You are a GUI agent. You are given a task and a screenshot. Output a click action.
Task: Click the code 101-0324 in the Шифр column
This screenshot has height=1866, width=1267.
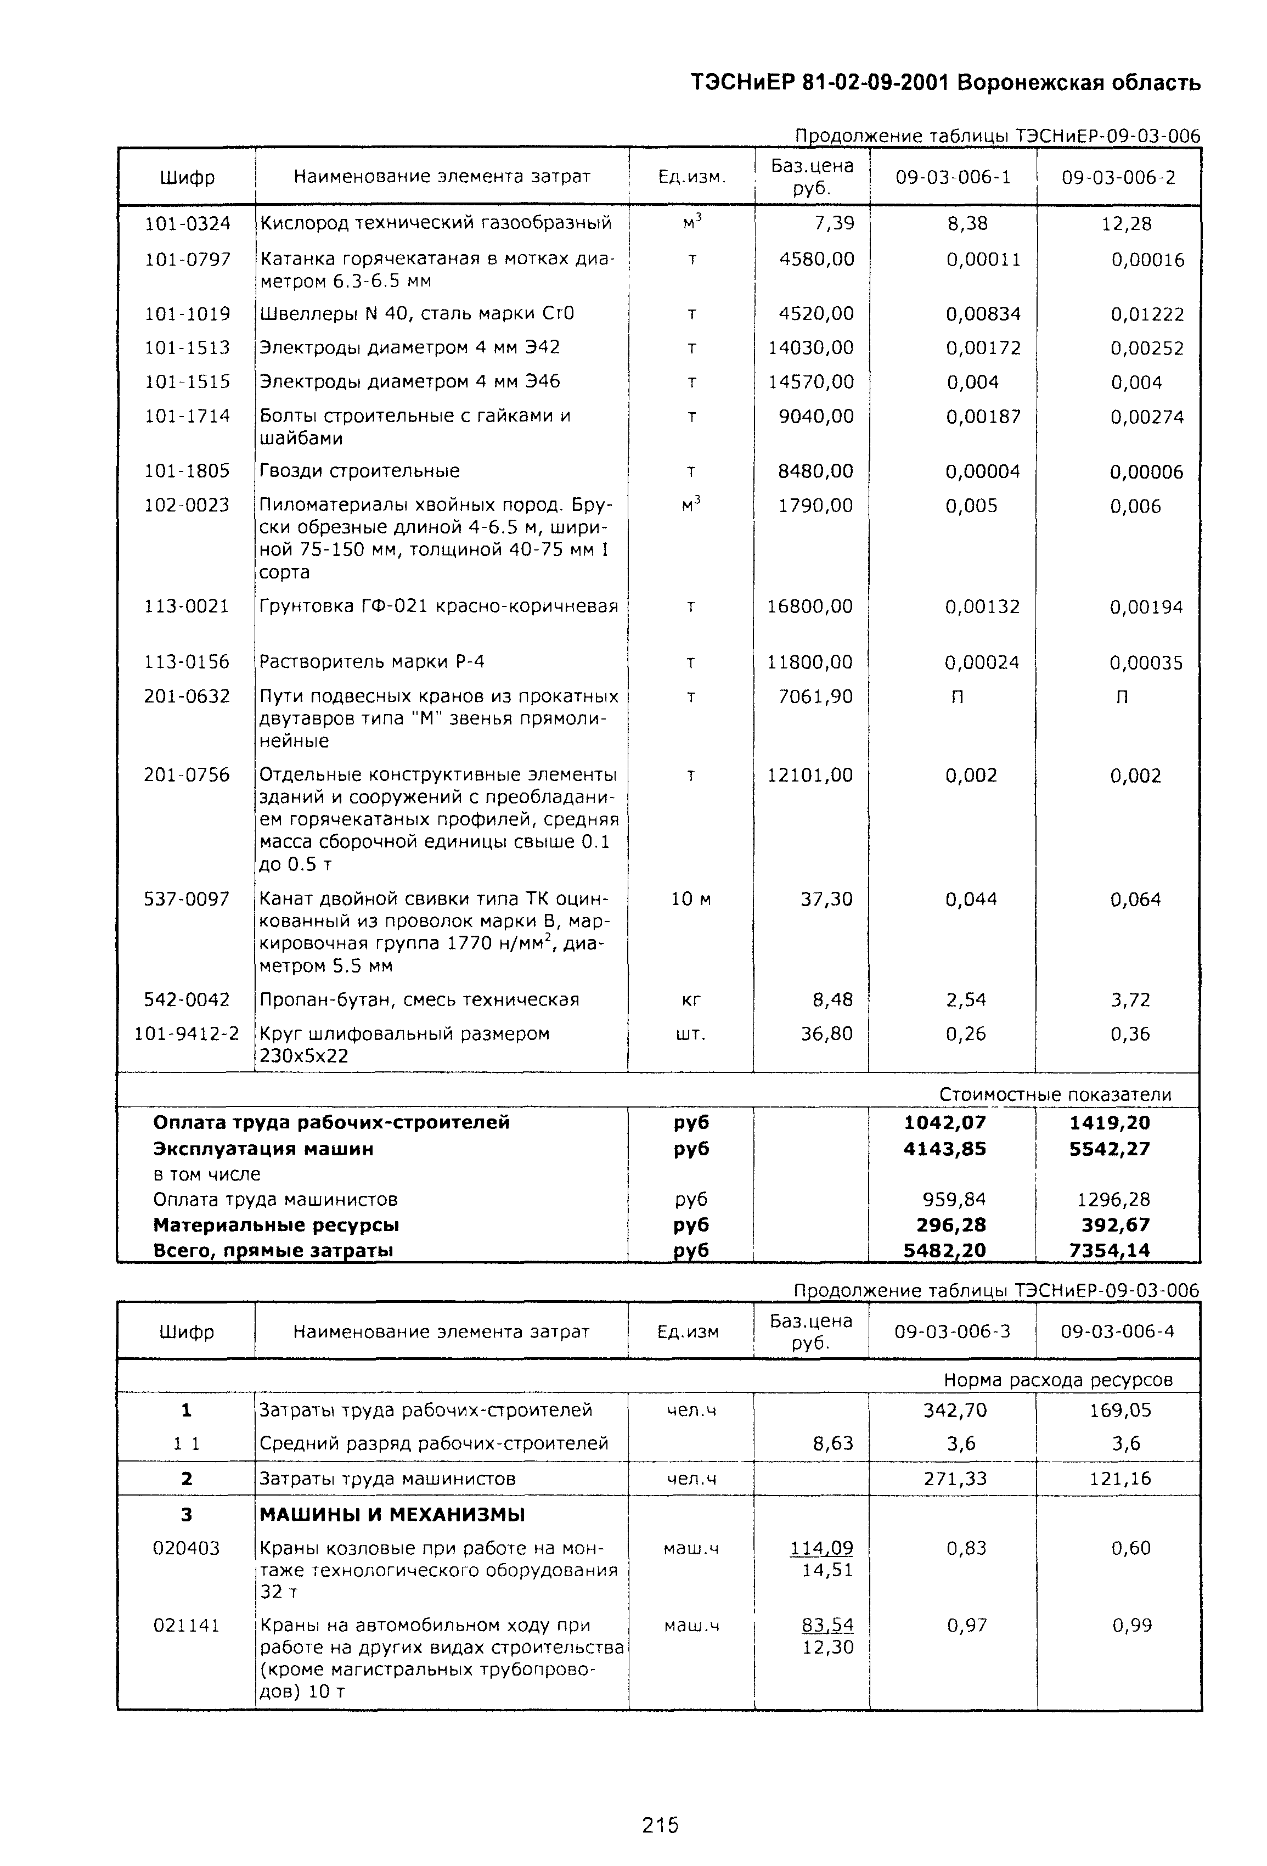(187, 223)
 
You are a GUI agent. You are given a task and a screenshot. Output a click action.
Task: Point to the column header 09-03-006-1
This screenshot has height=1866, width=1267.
(953, 177)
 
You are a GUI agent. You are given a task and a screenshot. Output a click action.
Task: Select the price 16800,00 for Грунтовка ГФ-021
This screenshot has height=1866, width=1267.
(810, 606)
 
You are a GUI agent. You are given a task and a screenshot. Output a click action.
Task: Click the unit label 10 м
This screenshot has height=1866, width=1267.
(690, 900)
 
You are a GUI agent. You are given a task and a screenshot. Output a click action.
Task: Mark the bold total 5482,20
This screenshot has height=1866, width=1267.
(945, 1250)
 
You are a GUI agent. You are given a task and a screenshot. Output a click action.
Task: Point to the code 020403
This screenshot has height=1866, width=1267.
(186, 1548)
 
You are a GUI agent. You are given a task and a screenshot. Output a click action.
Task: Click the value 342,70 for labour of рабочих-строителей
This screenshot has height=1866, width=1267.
(955, 1410)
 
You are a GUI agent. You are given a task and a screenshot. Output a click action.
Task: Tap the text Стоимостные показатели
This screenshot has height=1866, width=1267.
(1055, 1094)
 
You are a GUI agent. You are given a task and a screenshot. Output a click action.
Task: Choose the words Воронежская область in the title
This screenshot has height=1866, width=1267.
(1079, 83)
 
